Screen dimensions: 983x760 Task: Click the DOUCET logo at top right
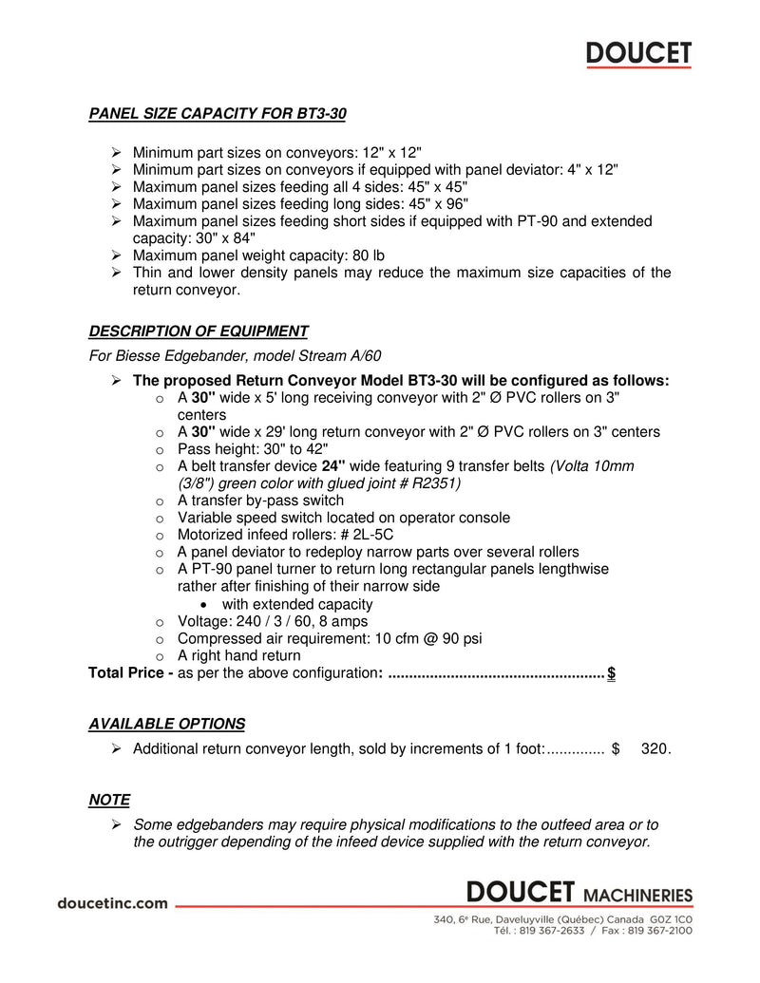638,54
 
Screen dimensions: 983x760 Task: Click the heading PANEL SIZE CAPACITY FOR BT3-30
218,114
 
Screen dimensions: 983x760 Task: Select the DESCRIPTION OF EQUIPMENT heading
199,331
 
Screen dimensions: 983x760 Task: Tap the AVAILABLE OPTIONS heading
166,724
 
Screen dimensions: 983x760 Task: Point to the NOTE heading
109,800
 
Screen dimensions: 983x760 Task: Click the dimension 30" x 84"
219,238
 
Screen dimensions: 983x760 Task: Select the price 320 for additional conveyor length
655,748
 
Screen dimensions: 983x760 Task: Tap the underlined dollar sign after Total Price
611,673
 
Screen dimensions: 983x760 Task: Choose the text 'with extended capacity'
297,604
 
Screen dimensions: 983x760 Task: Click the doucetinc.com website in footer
113,903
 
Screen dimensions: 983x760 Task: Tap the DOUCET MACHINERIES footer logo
579,893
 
